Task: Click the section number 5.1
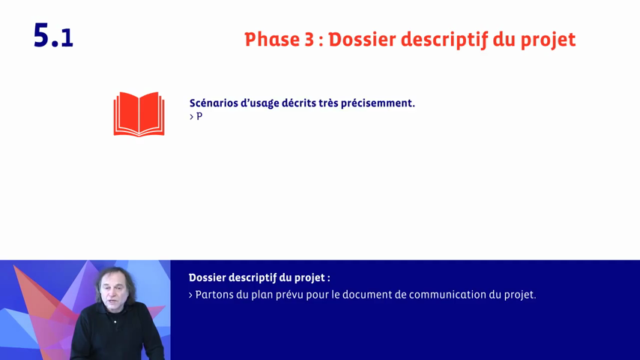pyautogui.click(x=53, y=36)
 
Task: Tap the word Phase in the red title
pyautogui.click(x=273, y=40)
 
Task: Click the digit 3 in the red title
pyautogui.click(x=310, y=40)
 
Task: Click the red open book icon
pyautogui.click(x=139, y=114)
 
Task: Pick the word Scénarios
pyautogui.click(x=214, y=103)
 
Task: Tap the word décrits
pyautogui.click(x=298, y=103)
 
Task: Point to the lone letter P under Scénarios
pyautogui.click(x=199, y=117)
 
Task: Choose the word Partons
pyautogui.click(x=216, y=295)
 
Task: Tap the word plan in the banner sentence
pyautogui.click(x=268, y=295)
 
